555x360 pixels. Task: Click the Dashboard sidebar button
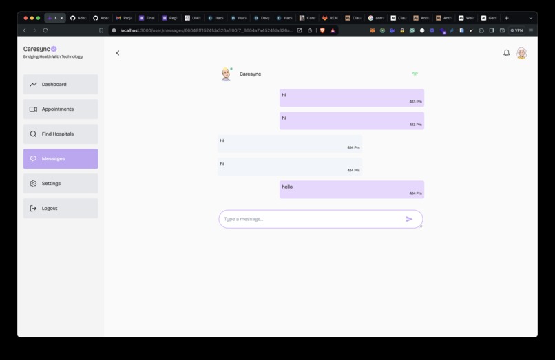pos(61,85)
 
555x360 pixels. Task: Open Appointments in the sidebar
pos(61,109)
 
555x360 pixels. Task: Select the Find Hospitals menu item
pos(61,134)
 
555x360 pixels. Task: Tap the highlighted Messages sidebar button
pos(61,159)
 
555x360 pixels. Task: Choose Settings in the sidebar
pos(61,184)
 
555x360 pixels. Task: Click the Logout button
pos(61,209)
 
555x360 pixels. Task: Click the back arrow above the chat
pos(118,53)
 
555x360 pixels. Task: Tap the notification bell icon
pos(507,53)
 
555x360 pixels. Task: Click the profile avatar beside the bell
pos(522,53)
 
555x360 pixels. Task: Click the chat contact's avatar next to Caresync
pos(226,74)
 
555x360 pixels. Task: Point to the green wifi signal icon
pos(415,74)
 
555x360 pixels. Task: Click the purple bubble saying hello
pos(352,189)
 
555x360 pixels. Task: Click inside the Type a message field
pos(310,219)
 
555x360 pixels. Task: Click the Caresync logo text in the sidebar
pos(36,50)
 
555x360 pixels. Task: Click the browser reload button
pos(45,30)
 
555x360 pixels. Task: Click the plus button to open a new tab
pos(507,18)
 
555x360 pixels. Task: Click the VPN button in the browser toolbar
pos(517,30)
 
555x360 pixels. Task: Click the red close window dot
pos(25,18)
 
